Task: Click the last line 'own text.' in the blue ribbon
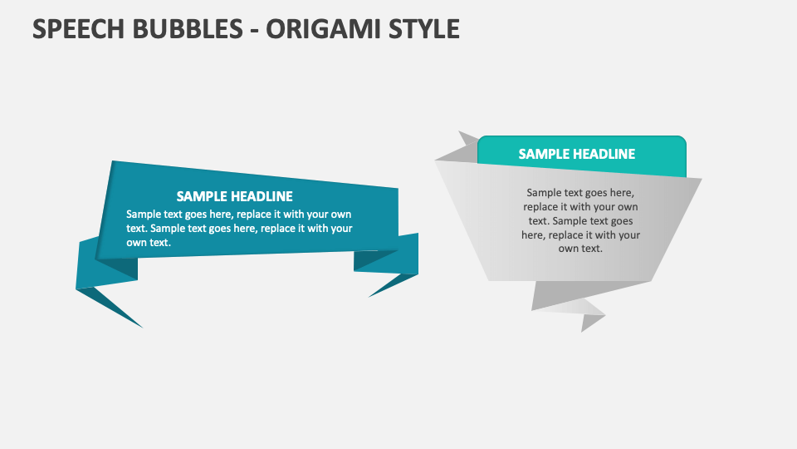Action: (149, 242)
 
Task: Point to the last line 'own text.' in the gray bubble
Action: (580, 249)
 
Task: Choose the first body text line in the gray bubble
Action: (580, 192)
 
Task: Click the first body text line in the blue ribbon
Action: (238, 214)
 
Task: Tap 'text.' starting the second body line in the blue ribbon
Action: (136, 228)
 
